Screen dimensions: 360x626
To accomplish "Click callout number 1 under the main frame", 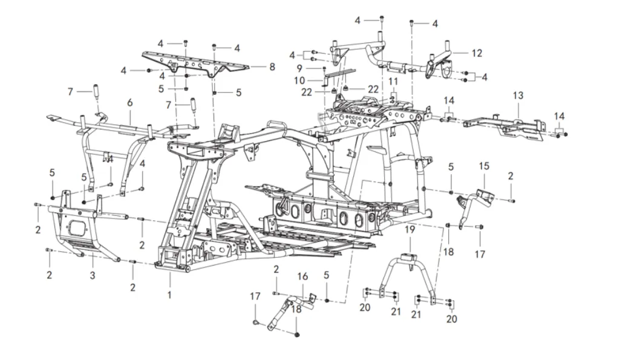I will tap(170, 295).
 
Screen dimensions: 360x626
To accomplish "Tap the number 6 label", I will tap(129, 103).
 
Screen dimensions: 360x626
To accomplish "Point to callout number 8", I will tap(272, 67).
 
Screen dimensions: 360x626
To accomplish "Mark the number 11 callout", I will tap(393, 81).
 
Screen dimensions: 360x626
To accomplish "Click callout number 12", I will tap(477, 53).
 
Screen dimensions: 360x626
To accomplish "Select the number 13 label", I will tap(518, 96).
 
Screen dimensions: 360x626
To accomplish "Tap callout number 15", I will tap(484, 166).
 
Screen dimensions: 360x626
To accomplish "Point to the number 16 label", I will tap(302, 277).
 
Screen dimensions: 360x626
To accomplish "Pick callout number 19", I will tap(409, 229).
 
